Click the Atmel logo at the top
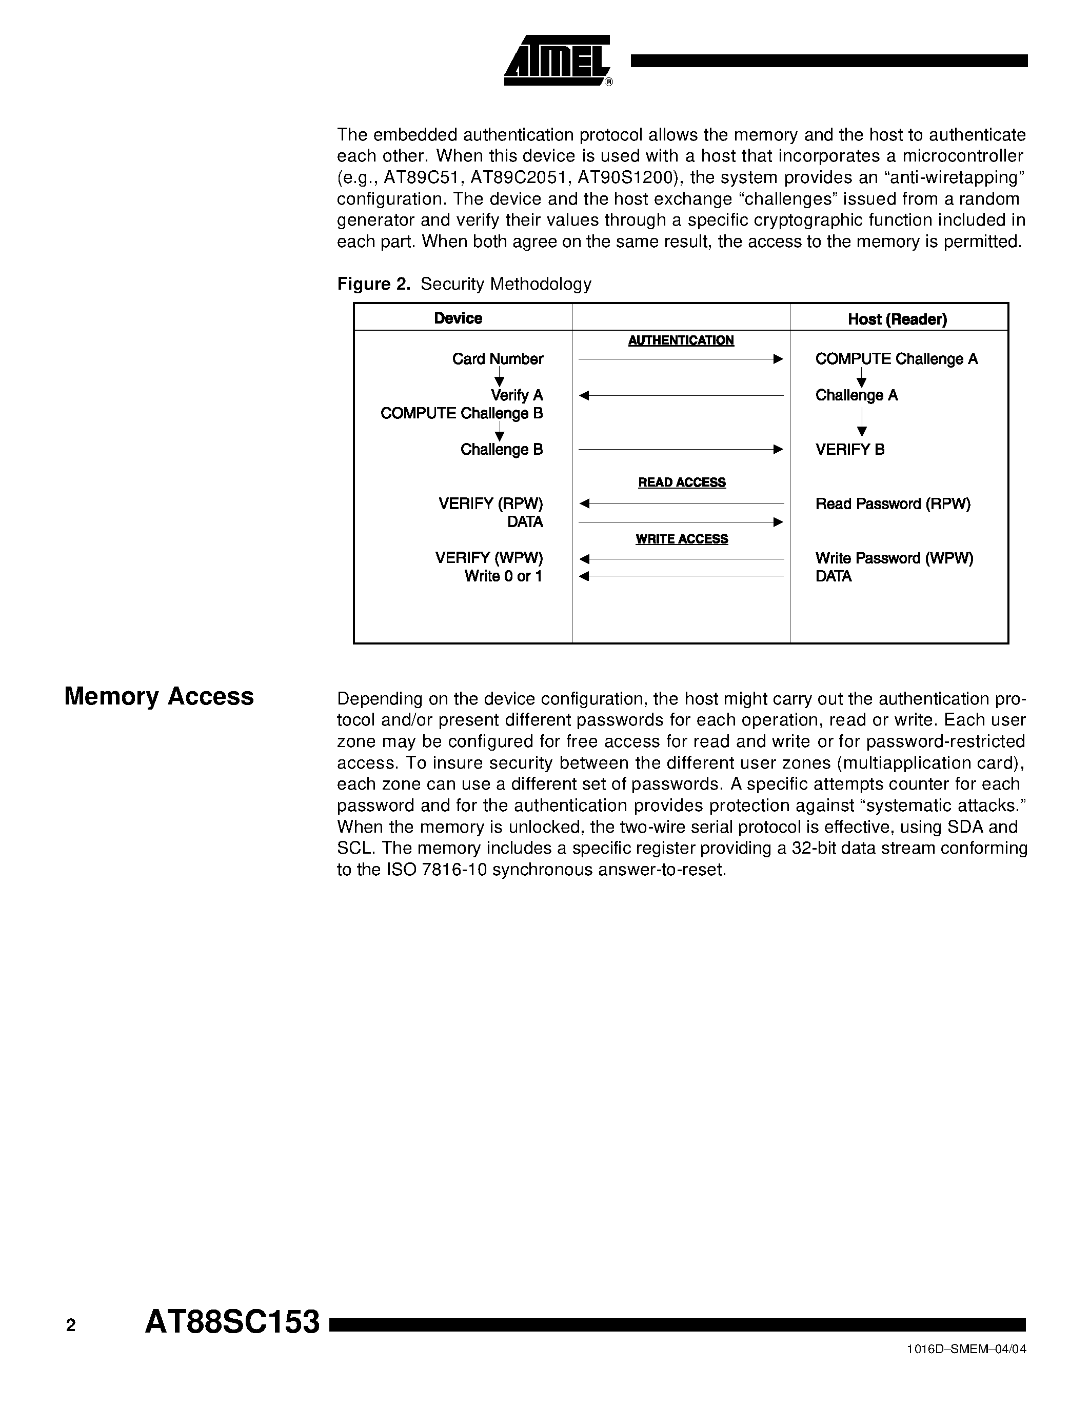coord(557,61)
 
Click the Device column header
coord(458,318)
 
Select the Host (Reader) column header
coord(897,319)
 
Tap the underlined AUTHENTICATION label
coord(681,340)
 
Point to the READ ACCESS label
coord(681,482)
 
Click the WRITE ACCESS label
coord(681,538)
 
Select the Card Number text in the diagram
coord(497,359)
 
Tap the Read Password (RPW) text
coord(893,503)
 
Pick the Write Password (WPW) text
coord(894,558)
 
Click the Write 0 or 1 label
coord(503,576)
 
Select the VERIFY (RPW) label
coord(490,503)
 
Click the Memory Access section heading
coord(159,696)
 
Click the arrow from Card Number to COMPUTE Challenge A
coord(681,359)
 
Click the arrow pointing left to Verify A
coord(681,395)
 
